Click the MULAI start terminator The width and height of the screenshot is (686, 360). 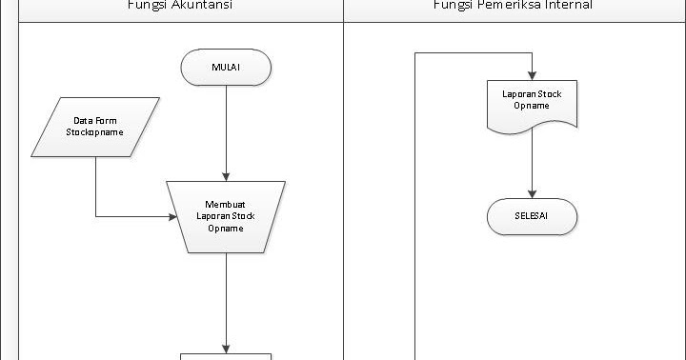click(x=226, y=67)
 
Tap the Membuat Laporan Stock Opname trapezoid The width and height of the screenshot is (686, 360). click(x=226, y=216)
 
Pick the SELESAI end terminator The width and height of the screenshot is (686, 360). click(x=532, y=216)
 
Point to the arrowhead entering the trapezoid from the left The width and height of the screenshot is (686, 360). click(x=171, y=216)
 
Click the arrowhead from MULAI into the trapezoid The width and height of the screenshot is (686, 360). click(x=226, y=175)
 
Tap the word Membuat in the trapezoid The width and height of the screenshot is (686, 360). click(x=226, y=204)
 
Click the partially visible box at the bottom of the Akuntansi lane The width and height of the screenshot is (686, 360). click(x=226, y=356)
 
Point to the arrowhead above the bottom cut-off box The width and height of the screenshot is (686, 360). click(x=226, y=348)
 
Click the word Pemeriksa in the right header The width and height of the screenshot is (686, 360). click(x=511, y=6)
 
